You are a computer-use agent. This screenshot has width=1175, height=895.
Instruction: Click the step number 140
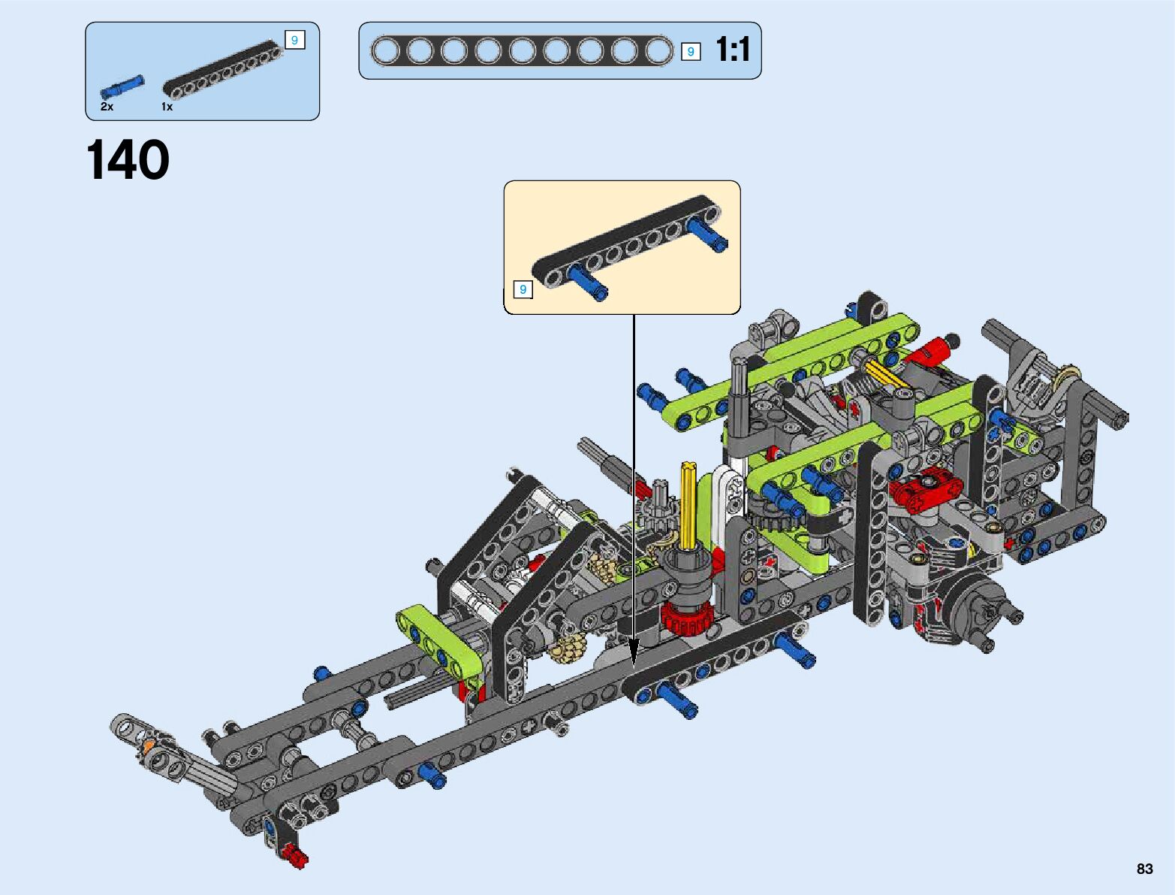tap(128, 159)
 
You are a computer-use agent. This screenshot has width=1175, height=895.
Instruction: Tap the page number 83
tap(1144, 868)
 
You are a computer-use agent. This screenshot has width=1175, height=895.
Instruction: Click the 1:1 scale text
tap(733, 50)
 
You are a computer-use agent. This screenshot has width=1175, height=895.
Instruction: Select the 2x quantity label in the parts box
tap(107, 107)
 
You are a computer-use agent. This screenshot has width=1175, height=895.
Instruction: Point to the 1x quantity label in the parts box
tap(167, 107)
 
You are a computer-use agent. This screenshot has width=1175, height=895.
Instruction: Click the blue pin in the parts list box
tap(122, 86)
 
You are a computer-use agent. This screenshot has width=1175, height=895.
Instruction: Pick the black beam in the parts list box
tap(223, 69)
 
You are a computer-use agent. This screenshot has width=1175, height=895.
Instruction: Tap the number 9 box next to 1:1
tap(691, 51)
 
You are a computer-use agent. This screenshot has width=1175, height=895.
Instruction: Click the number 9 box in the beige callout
tap(523, 289)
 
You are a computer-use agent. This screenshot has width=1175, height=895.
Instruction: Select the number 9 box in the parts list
tap(295, 40)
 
